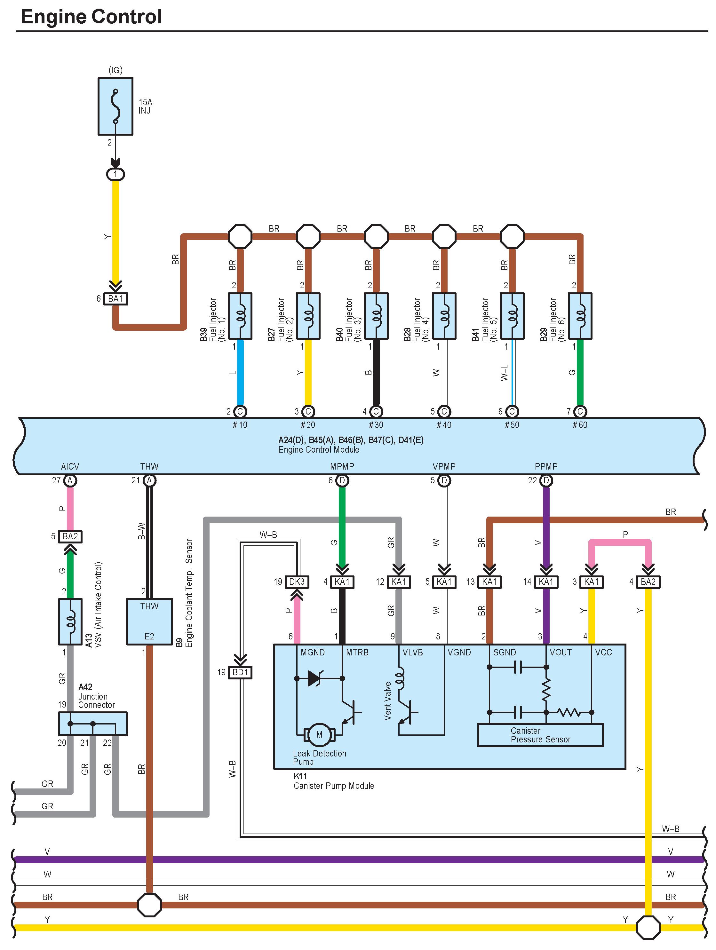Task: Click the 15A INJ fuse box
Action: pyautogui.click(x=115, y=106)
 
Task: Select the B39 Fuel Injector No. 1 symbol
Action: pyautogui.click(x=240, y=316)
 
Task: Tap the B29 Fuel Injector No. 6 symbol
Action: pyautogui.click(x=580, y=316)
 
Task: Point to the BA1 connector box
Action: pyautogui.click(x=115, y=298)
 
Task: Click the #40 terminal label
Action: pyautogui.click(x=444, y=425)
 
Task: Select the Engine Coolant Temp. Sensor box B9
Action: pyautogui.click(x=149, y=621)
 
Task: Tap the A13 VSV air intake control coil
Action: pyautogui.click(x=70, y=622)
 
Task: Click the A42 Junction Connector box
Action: pyautogui.click(x=92, y=723)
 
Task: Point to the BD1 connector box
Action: pyautogui.click(x=240, y=672)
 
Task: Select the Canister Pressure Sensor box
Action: pyautogui.click(x=540, y=735)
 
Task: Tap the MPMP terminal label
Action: pyautogui.click(x=342, y=466)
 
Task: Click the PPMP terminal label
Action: pyautogui.click(x=546, y=466)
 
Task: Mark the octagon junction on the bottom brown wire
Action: pyautogui.click(x=149, y=905)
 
